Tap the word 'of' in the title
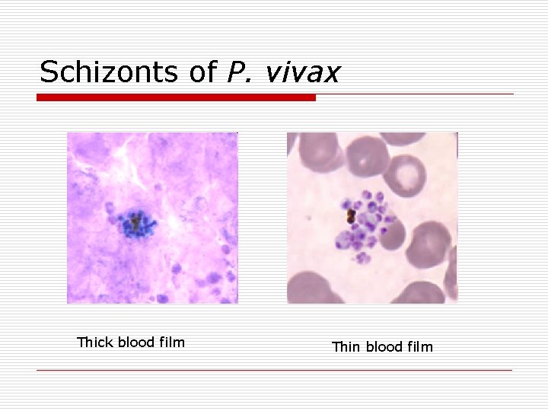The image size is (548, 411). point(202,72)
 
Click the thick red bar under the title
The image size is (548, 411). point(176,97)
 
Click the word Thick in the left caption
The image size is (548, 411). point(95,342)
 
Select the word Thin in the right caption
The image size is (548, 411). point(346,347)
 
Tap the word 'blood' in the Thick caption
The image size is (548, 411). point(136,342)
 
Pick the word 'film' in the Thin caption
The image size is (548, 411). point(418,347)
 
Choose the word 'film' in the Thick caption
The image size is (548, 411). point(170,342)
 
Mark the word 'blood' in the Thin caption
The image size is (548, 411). point(383,347)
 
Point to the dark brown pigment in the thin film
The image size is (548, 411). point(352,217)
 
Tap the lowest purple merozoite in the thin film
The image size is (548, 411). point(361,257)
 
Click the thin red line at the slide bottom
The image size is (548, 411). point(274,371)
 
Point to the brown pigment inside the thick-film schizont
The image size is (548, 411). point(135,223)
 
